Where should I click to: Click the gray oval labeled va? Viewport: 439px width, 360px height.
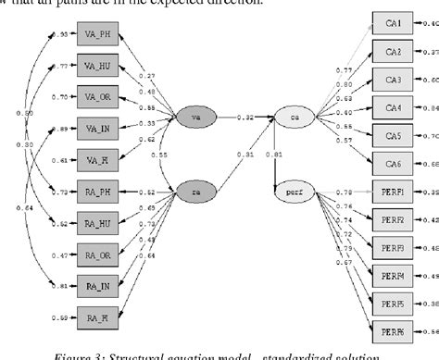coord(194,118)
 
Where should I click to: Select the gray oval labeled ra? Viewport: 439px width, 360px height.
coord(194,192)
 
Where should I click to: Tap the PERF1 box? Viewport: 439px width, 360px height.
coord(393,192)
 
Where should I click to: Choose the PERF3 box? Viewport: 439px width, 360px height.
coord(393,248)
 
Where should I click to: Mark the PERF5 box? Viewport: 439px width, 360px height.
coord(393,304)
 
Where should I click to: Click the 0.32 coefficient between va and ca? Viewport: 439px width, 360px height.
coord(245,118)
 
